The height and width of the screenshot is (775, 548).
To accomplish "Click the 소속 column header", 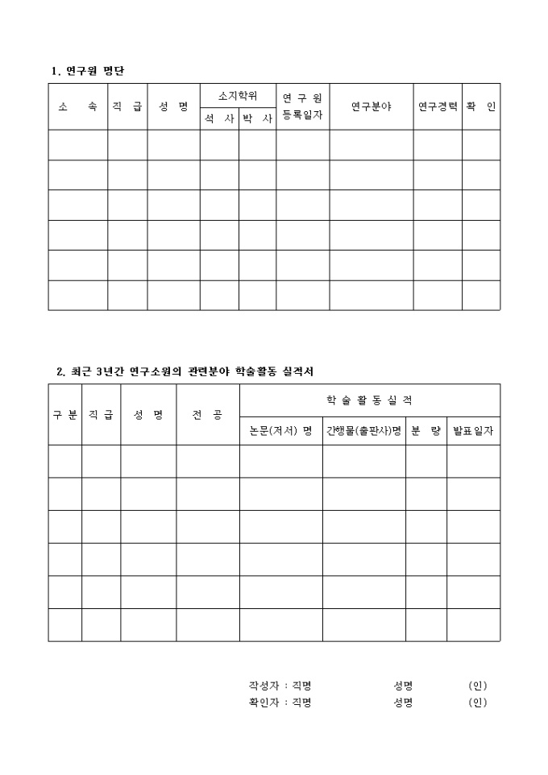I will (77, 106).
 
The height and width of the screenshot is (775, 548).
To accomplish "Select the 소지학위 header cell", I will (238, 95).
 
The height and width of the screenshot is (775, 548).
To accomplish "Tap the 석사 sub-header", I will (219, 118).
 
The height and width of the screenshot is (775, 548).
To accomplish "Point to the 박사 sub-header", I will (257, 118).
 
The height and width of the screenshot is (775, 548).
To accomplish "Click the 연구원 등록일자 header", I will (302, 106).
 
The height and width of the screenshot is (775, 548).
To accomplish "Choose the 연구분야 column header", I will (371, 106).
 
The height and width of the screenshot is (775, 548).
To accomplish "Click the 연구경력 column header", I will (438, 106).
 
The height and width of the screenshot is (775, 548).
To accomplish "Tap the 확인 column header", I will (480, 106).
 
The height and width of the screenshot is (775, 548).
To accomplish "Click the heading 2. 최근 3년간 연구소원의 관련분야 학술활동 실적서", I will (185, 371).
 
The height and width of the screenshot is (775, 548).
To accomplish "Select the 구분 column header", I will (64, 414).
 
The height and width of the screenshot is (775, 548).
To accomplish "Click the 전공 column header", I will (207, 414).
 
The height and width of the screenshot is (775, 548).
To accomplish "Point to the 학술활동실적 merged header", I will (369, 400).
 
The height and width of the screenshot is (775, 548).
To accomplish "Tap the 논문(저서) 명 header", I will (280, 430).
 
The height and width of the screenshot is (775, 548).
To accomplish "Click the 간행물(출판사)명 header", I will (363, 430).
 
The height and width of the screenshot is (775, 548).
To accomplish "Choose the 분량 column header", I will (426, 430).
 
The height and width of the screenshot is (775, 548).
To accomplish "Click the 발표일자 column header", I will (473, 430).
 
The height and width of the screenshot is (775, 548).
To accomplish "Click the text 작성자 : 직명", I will (280, 686).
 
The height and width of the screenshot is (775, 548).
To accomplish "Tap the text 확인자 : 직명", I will (280, 702).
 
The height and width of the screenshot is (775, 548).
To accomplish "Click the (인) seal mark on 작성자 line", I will (478, 686).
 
